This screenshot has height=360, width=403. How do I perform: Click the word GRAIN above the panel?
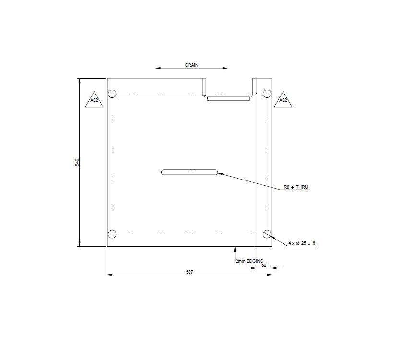[191, 64]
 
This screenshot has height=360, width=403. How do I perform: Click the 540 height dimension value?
[77, 162]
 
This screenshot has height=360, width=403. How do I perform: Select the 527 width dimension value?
[189, 272]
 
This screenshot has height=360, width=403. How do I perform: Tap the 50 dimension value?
[264, 265]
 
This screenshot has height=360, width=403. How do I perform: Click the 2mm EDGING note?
[249, 261]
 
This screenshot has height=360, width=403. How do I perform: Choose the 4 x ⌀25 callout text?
[302, 244]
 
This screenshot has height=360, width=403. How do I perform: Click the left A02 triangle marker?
[94, 100]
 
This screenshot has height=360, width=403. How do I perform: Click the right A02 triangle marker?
[283, 100]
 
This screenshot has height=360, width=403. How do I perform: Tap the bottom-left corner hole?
[112, 234]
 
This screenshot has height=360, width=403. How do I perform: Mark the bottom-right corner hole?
[267, 234]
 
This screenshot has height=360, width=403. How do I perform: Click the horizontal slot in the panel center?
[190, 172]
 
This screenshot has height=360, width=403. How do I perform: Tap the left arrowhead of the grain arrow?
[157, 68]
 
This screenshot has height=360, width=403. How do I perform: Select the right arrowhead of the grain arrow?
[227, 68]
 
